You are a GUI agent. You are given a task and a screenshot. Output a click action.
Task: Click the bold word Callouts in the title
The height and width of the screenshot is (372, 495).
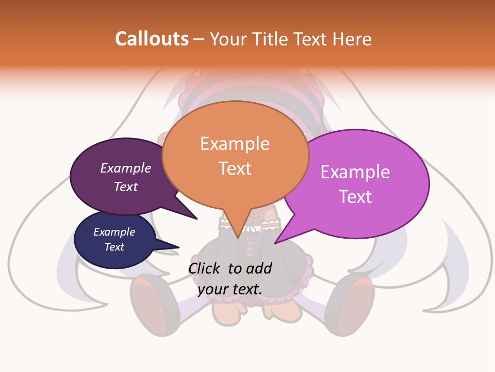152,39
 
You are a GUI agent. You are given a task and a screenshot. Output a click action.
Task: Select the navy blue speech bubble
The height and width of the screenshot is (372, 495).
114,239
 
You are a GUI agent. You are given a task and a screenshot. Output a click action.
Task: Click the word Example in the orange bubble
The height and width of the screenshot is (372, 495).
235,144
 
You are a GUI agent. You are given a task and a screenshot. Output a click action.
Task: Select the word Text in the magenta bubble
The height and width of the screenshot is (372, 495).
355,197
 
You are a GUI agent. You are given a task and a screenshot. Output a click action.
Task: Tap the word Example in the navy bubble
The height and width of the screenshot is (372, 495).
114,232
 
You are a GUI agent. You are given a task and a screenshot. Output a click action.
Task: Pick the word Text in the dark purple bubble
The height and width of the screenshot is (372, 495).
126,187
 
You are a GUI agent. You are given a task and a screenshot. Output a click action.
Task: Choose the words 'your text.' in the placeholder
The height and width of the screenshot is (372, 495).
230,289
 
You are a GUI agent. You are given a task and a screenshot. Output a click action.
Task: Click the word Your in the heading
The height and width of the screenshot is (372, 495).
230,39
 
